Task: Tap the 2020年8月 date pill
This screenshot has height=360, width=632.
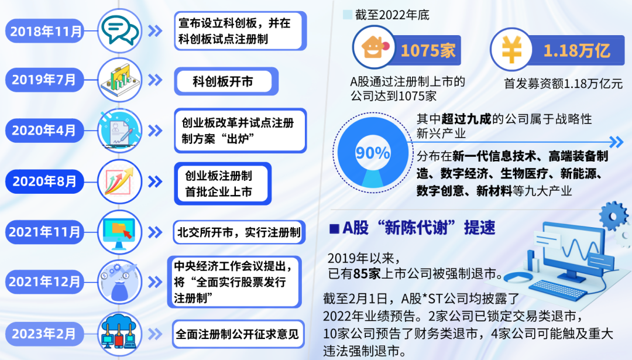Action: point(45,181)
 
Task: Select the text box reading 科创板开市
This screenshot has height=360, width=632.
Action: point(223,81)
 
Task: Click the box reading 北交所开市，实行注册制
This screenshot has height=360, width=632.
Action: point(239,232)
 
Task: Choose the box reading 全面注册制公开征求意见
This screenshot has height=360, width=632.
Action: point(238,335)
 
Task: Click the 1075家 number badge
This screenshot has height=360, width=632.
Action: point(428,51)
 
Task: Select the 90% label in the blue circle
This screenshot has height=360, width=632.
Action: point(373,154)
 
